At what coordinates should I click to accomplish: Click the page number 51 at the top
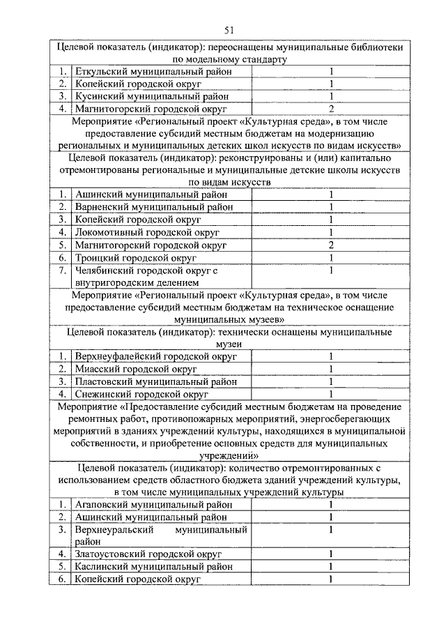(x=229, y=29)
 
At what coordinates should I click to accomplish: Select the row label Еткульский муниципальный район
(x=153, y=71)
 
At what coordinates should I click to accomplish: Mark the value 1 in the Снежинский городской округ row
(x=331, y=394)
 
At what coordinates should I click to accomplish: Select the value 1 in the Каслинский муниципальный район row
(x=331, y=567)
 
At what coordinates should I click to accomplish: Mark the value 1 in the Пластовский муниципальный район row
(x=331, y=381)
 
